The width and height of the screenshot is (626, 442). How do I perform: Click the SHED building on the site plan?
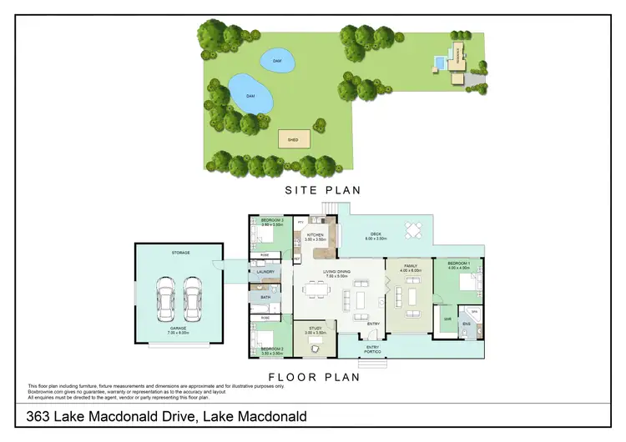click(x=293, y=139)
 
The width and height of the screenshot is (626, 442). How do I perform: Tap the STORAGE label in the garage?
click(x=181, y=253)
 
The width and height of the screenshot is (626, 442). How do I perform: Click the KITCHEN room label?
click(x=315, y=236)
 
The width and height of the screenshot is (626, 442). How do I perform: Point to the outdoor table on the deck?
click(x=413, y=229)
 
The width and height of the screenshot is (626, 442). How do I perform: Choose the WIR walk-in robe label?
click(x=447, y=318)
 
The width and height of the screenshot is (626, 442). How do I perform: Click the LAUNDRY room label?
click(x=265, y=271)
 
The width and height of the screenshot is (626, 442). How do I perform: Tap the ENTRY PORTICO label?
click(x=373, y=349)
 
